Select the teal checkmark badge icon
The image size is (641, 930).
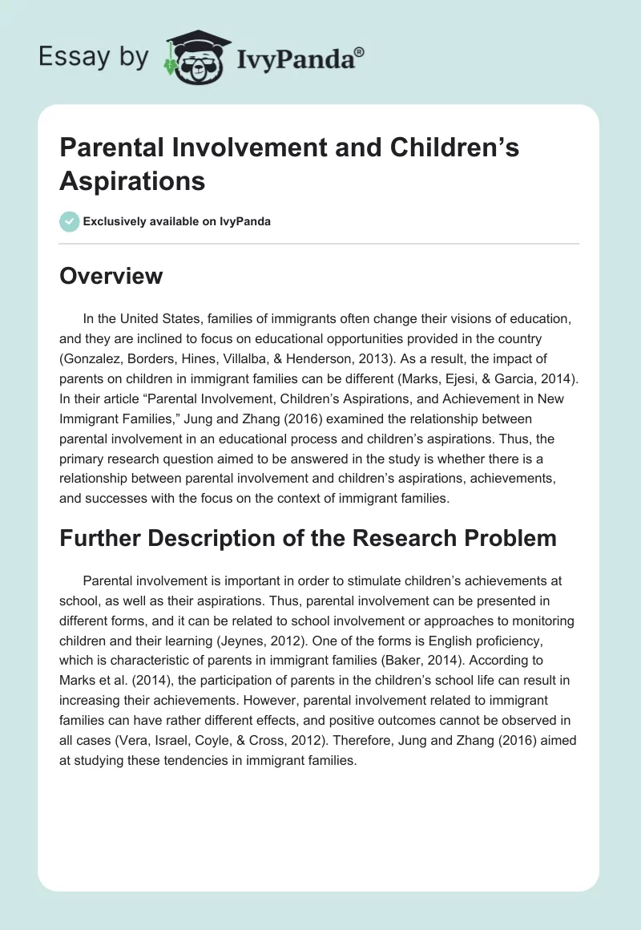click(x=70, y=221)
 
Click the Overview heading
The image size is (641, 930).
click(x=111, y=277)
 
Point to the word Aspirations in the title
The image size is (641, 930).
click(x=132, y=180)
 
